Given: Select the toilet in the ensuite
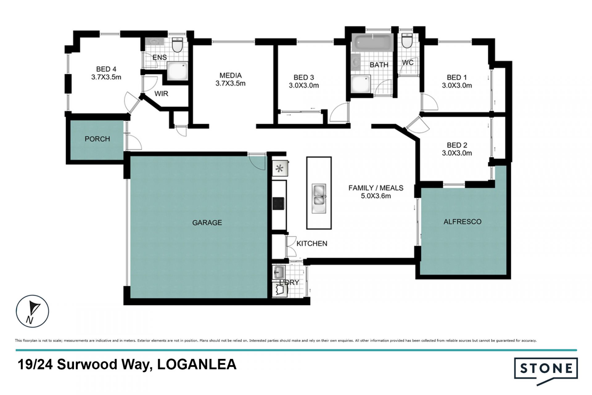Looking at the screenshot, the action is click(x=177, y=45).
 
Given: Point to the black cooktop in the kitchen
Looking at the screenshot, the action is click(x=278, y=204).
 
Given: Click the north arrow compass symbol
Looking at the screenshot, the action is click(x=32, y=311).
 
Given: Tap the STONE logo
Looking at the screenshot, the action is click(x=546, y=370).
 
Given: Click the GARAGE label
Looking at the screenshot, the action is click(x=207, y=222).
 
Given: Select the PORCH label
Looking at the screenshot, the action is click(x=97, y=139).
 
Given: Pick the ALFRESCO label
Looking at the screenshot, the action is click(x=462, y=221).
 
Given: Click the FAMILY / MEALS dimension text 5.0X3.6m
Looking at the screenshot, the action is click(x=376, y=196).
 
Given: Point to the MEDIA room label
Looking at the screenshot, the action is click(x=231, y=75).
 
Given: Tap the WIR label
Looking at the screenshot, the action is click(x=161, y=93).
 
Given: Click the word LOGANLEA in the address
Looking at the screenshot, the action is click(x=197, y=364).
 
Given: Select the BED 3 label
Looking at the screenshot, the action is click(x=304, y=77).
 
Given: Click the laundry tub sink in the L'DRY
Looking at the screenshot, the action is click(x=279, y=272).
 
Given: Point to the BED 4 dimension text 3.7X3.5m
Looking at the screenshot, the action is click(x=106, y=77).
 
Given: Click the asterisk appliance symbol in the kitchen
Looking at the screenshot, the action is click(x=280, y=169).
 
